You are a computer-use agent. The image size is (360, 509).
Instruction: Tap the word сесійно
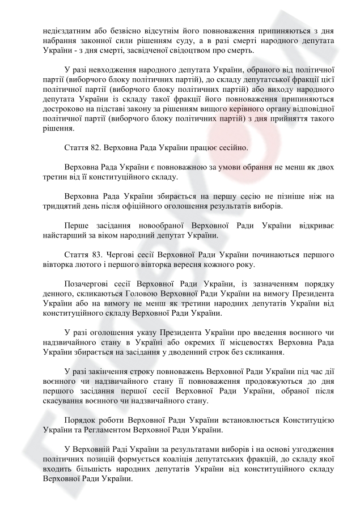tap(232, 148)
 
